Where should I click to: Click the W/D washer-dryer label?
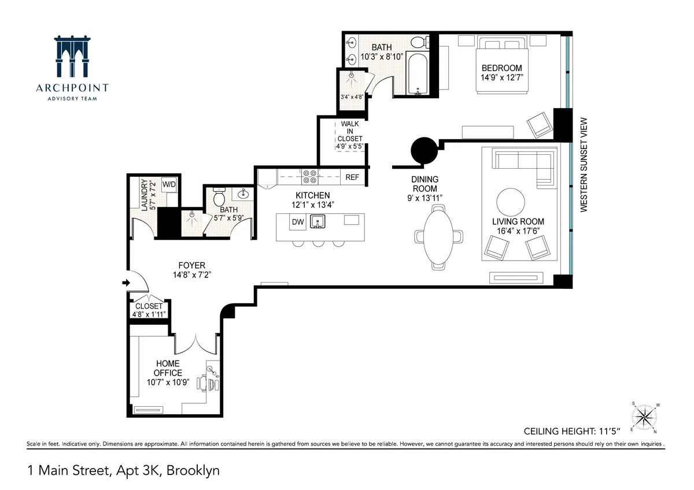(x=169, y=184)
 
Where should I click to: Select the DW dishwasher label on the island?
(x=298, y=222)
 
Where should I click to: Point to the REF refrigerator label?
(x=352, y=177)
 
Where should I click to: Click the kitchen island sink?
(x=317, y=221)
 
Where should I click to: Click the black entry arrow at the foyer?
(x=127, y=283)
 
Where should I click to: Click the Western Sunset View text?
(x=584, y=165)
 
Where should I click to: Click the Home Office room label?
(x=168, y=368)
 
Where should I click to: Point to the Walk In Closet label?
(x=351, y=135)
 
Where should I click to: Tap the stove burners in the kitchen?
(x=309, y=175)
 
